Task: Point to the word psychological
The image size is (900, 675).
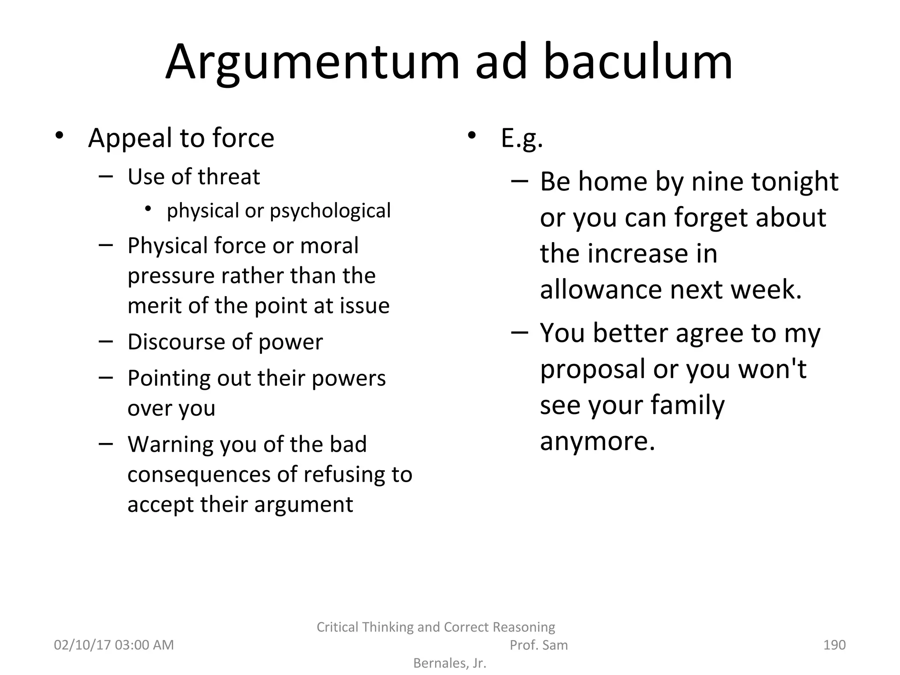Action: pos(330,211)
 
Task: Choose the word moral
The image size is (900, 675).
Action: pos(329,245)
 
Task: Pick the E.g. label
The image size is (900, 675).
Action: pos(522,138)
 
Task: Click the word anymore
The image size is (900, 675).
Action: pos(597,441)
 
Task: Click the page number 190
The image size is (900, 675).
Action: pos(834,645)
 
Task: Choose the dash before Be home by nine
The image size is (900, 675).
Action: pos(519,181)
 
